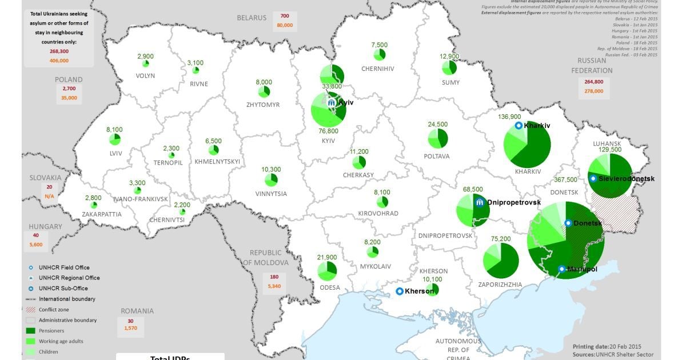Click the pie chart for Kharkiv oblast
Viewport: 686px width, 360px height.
pos(527,145)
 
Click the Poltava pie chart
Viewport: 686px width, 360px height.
pos(438,138)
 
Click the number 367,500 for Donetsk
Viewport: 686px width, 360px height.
pos(565,179)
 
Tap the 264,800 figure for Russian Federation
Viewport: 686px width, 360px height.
pos(594,82)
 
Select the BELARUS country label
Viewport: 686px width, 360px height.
pos(252,18)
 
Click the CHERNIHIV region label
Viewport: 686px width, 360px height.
pos(378,69)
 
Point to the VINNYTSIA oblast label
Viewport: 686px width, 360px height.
pos(271,194)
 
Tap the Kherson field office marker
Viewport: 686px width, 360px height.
pos(400,291)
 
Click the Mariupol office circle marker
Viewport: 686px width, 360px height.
pos(562,269)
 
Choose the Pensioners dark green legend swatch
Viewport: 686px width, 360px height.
pos(30,330)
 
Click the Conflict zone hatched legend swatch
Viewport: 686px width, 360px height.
pos(30,310)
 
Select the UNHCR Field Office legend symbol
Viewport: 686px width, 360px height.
pos(30,267)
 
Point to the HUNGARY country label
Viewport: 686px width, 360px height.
pos(46,226)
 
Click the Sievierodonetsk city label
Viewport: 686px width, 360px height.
pos(626,178)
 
